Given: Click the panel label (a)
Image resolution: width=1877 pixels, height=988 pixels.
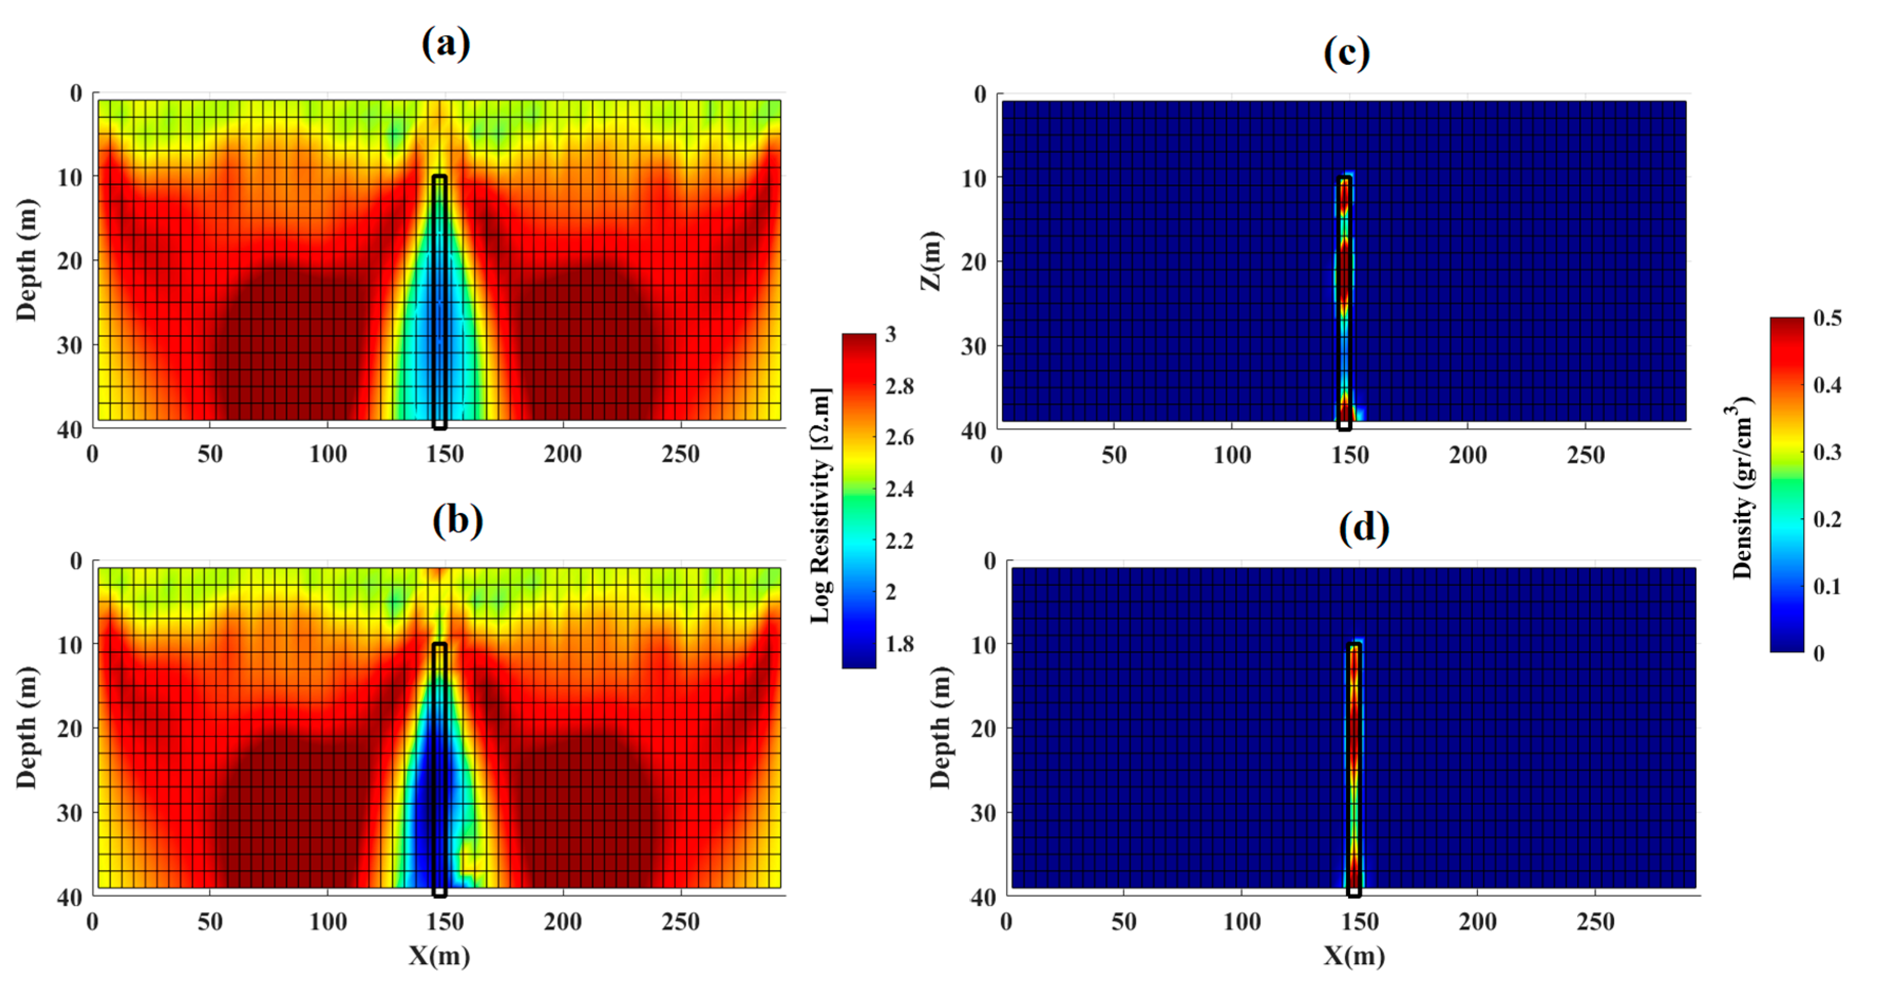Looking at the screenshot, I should [x=446, y=44].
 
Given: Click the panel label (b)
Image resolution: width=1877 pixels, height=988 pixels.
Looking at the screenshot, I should [x=458, y=520].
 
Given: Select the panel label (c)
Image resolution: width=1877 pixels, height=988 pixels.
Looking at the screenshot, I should [x=1347, y=53].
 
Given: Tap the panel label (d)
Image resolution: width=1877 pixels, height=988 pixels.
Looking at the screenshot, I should [x=1364, y=528].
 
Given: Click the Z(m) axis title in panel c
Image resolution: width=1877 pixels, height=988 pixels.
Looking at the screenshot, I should [x=932, y=261].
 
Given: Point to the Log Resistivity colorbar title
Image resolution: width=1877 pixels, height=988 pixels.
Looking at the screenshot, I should [x=821, y=506].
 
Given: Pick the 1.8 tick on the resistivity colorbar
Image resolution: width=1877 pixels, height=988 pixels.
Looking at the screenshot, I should [x=899, y=644].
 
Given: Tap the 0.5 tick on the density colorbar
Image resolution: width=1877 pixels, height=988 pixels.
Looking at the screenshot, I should [x=1827, y=318].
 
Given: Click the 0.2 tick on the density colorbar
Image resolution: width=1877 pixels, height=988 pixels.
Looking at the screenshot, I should [x=1827, y=519].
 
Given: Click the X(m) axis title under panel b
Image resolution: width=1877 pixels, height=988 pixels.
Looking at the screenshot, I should [x=439, y=956].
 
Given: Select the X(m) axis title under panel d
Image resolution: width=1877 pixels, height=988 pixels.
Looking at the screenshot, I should [x=1354, y=956].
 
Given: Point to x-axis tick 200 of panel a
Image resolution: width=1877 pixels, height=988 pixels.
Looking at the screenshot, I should [x=563, y=454].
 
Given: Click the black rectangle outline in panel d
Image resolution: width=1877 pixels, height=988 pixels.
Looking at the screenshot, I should [x=1354, y=769].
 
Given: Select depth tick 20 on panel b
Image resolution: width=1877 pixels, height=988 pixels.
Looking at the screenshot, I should [x=70, y=728].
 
